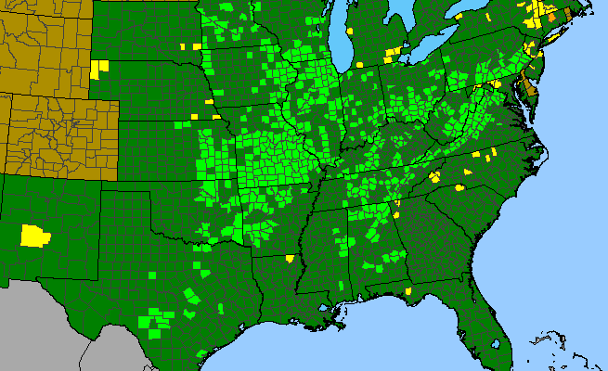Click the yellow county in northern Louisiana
(x=291, y=259)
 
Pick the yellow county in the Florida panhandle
(x=408, y=290)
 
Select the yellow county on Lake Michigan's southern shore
(x=358, y=64)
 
